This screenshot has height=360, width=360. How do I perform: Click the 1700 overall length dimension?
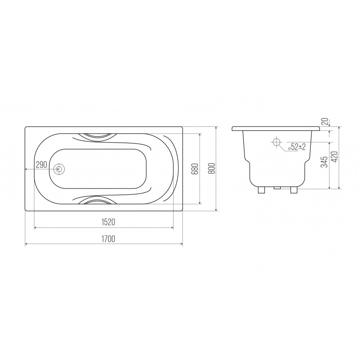[x=108, y=239]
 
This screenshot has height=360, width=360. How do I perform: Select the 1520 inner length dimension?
[x=108, y=222]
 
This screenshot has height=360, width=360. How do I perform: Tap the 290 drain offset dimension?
[x=42, y=165]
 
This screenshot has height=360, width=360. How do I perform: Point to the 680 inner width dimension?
[x=195, y=169]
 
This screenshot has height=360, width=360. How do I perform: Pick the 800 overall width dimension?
[x=212, y=168]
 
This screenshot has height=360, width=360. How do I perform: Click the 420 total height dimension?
[x=334, y=157]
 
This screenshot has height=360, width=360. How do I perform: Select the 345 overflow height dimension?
[x=324, y=162]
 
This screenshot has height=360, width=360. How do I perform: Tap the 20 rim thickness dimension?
[x=325, y=121]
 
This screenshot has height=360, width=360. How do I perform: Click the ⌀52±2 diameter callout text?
[x=297, y=146]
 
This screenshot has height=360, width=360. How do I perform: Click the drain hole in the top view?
[x=59, y=169]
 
